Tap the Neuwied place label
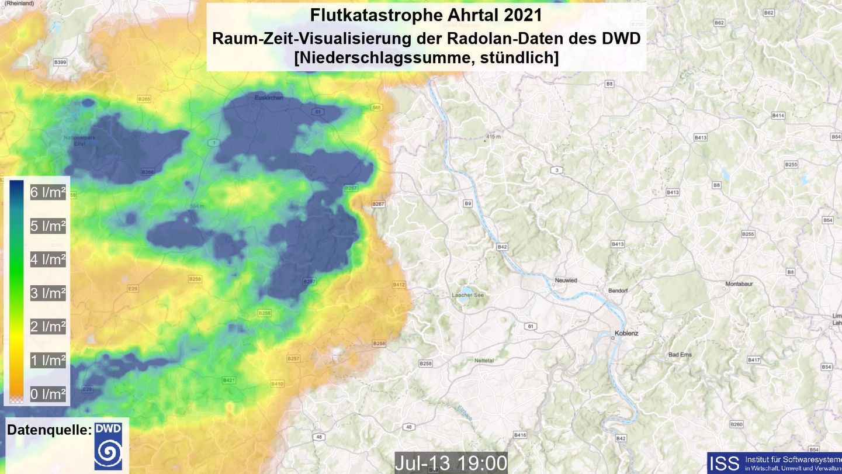(x=566, y=281)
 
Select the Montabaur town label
(x=741, y=284)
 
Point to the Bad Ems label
(x=680, y=355)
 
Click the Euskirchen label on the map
(x=269, y=98)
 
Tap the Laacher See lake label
(x=468, y=295)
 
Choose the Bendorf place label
(x=618, y=290)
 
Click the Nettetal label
(x=484, y=361)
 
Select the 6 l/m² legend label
(x=48, y=192)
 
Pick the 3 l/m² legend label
(x=48, y=293)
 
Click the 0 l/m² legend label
(x=48, y=394)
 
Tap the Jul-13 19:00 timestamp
(x=451, y=463)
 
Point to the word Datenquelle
(x=48, y=430)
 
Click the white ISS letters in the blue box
(x=724, y=463)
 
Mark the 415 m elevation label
(x=494, y=137)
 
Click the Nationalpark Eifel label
(x=75, y=141)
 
